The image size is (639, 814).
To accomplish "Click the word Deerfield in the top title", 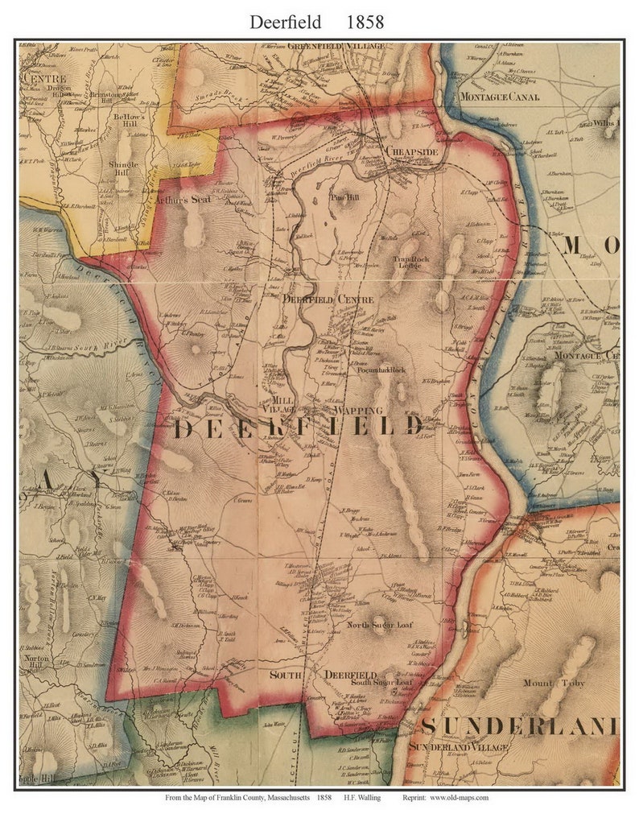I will (287, 22).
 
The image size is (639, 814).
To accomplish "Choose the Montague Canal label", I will (497, 97).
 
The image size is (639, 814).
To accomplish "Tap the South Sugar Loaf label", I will (381, 683).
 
